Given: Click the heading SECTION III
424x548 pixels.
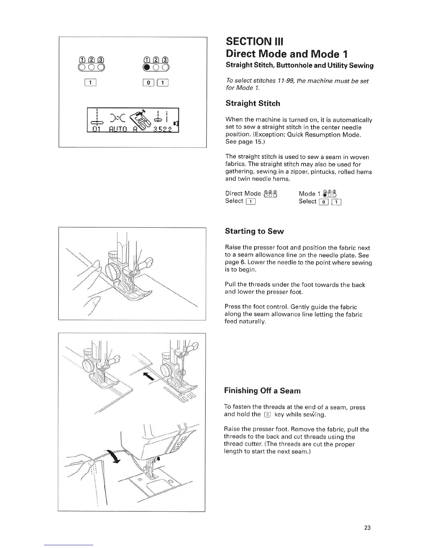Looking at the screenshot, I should pos(254,42).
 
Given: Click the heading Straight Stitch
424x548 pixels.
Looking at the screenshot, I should pos(253,103).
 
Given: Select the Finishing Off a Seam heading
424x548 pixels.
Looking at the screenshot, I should pos(262,391).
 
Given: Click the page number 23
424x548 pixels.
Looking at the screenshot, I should pos(368,528).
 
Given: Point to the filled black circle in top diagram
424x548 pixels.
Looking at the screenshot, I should pos(147,67).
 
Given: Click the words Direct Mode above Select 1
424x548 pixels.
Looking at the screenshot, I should pos(242,194).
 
